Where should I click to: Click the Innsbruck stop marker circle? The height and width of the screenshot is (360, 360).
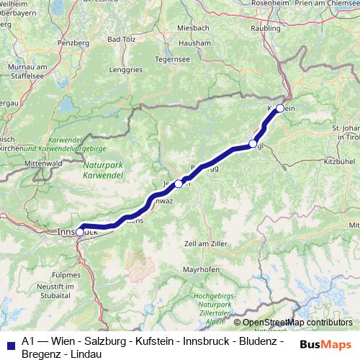click(x=79, y=232)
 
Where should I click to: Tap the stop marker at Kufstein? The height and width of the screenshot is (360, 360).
click(x=280, y=109)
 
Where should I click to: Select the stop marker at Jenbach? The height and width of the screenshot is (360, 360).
click(x=179, y=184)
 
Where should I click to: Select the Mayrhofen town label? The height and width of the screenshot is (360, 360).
click(x=200, y=270)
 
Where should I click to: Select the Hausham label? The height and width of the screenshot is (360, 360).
click(x=196, y=42)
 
